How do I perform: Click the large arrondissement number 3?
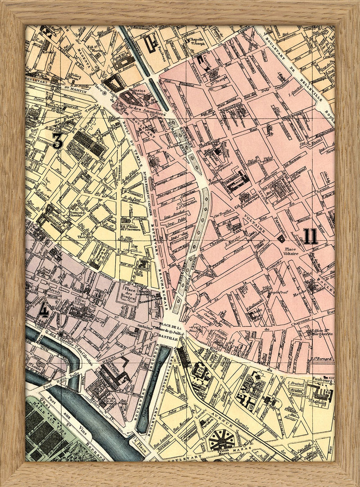coord(57,141)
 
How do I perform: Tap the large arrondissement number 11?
coord(310,236)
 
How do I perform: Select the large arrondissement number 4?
coord(43,311)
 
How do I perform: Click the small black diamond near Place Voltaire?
coord(282,239)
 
